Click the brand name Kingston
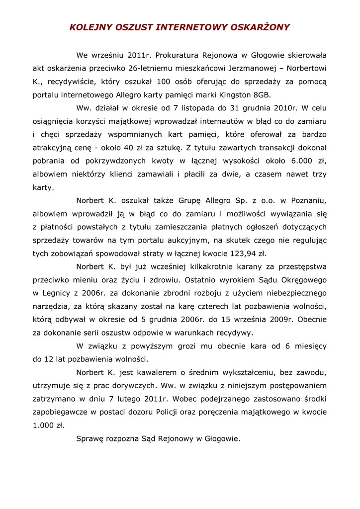(x=233, y=94)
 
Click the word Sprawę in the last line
(x=91, y=439)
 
